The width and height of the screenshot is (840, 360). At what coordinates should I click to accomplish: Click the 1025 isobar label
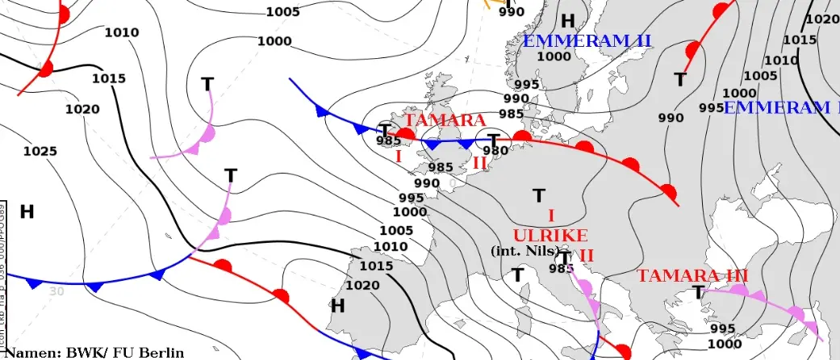pyautogui.click(x=40, y=151)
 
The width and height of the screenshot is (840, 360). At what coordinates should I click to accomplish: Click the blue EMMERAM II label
pyautogui.click(x=587, y=40)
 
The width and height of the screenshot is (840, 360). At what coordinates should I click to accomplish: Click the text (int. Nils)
pyautogui.click(x=525, y=250)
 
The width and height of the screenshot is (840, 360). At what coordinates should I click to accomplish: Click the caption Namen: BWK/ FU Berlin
pyautogui.click(x=94, y=352)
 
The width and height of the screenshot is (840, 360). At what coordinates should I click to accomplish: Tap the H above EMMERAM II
pyautogui.click(x=568, y=21)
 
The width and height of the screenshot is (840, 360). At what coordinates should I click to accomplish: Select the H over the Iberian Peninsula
pyautogui.click(x=337, y=305)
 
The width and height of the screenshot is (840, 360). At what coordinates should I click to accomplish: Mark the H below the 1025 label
pyautogui.click(x=27, y=211)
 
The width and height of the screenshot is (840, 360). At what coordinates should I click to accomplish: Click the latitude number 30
pyautogui.click(x=56, y=291)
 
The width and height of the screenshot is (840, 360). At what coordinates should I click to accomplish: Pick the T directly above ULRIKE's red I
pyautogui.click(x=538, y=195)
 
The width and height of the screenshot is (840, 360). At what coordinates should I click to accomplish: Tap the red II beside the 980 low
pyautogui.click(x=479, y=163)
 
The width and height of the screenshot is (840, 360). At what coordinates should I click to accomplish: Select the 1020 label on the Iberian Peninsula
pyautogui.click(x=361, y=285)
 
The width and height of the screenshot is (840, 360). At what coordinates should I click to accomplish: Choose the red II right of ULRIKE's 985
pyautogui.click(x=587, y=255)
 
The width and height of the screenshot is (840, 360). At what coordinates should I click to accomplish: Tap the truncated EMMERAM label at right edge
pyautogui.click(x=781, y=107)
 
